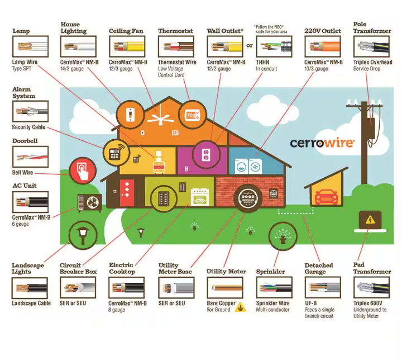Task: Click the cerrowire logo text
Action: point(322,142)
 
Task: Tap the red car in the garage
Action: point(324,197)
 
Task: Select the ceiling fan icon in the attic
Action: point(157,117)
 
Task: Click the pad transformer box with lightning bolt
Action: point(369,220)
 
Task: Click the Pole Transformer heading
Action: point(372,28)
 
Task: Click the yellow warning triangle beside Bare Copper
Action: point(241,306)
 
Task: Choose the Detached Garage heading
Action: point(319,268)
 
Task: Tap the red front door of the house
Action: point(128,191)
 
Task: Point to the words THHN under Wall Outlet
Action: point(262,62)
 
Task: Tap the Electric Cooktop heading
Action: point(122,268)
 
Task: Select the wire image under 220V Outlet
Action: point(322,47)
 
